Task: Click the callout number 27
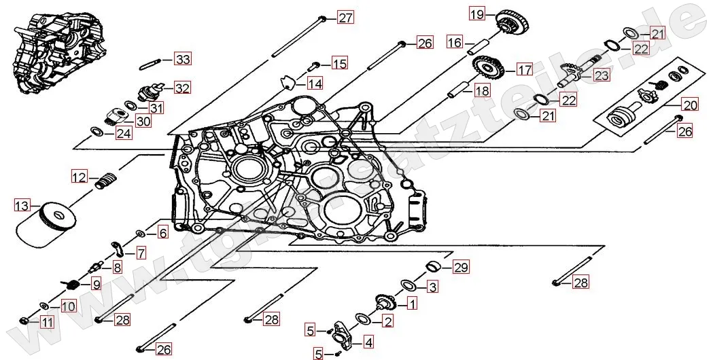(346, 17)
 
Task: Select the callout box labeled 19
(476, 14)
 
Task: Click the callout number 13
(22, 204)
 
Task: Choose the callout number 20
(690, 105)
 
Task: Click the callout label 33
(182, 59)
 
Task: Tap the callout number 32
(181, 88)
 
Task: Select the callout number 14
(314, 84)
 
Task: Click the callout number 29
(461, 267)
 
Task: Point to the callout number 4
(368, 342)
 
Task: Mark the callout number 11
(46, 322)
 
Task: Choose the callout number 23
(601, 75)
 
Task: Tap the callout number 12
(80, 177)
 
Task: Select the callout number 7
(140, 253)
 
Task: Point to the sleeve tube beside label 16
(479, 46)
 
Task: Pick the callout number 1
(411, 304)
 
